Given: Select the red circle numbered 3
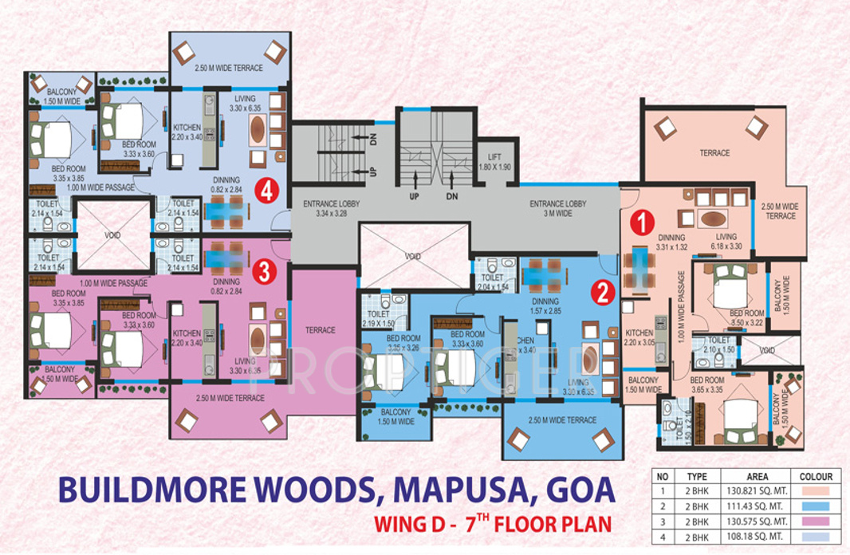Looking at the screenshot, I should (264, 272).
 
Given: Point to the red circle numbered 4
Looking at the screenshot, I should (266, 191).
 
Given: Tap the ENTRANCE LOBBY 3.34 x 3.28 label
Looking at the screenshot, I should (331, 208).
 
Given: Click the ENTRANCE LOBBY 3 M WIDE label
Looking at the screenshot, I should (558, 208).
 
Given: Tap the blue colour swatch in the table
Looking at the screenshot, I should (814, 506).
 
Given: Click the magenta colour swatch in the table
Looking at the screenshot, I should (814, 521).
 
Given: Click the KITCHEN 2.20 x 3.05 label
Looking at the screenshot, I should (639, 337).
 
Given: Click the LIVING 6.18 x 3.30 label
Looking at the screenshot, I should (726, 242).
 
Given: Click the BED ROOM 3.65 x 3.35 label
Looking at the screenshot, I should (707, 384).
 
